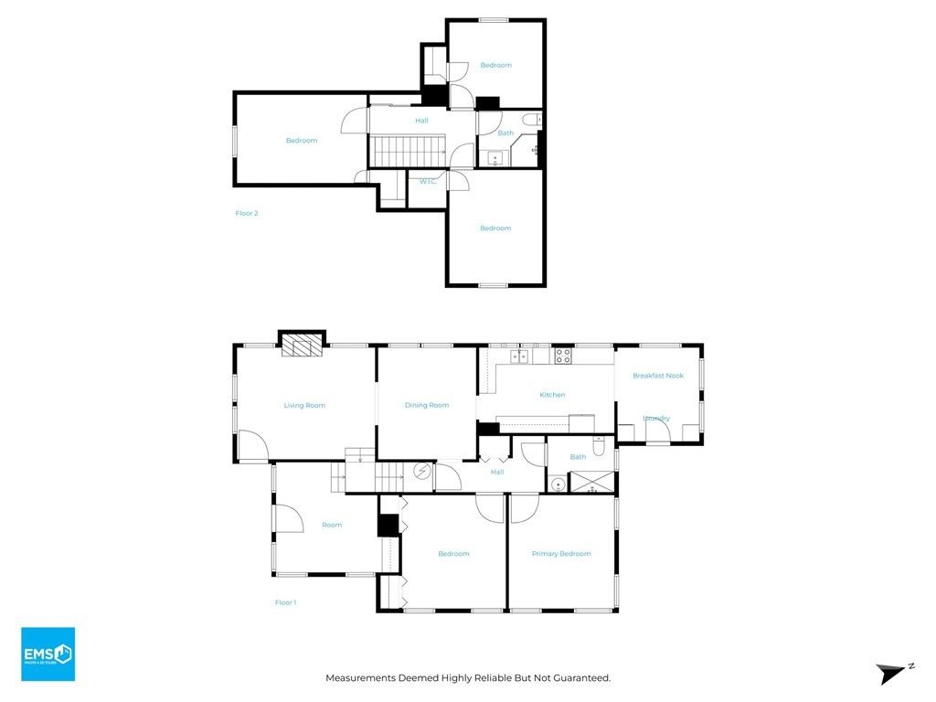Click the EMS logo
pyautogui.click(x=48, y=654)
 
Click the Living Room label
pyautogui.click(x=304, y=405)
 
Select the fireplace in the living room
pyautogui.click(x=302, y=344)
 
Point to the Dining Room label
pyautogui.click(x=427, y=405)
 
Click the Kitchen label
pyautogui.click(x=552, y=395)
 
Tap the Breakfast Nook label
pyautogui.click(x=658, y=376)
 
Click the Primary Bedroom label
pyautogui.click(x=561, y=554)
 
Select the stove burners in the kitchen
pyautogui.click(x=563, y=356)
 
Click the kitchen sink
pyautogui.click(x=519, y=356)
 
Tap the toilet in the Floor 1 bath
pyautogui.click(x=599, y=446)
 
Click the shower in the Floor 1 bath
pyautogui.click(x=592, y=482)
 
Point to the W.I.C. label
pyautogui.click(x=428, y=182)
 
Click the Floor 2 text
pyautogui.click(x=247, y=213)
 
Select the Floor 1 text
pyautogui.click(x=285, y=602)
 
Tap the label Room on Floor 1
pyautogui.click(x=332, y=525)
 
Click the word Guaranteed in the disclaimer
pyautogui.click(x=581, y=678)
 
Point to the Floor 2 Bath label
pyautogui.click(x=505, y=133)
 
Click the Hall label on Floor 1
pyautogui.click(x=497, y=472)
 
